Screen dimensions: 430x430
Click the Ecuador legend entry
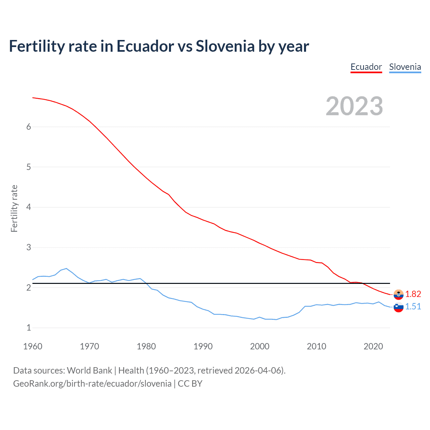(x=366, y=67)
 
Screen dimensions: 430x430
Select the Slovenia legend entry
(x=405, y=67)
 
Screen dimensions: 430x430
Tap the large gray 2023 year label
(x=354, y=106)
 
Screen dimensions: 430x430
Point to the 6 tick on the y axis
(x=29, y=127)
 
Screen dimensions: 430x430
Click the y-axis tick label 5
(x=29, y=167)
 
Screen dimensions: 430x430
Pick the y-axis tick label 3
(x=29, y=248)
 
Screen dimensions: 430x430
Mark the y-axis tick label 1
(x=29, y=328)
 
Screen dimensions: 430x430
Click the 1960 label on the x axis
(x=33, y=346)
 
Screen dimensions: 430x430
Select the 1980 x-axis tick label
(x=146, y=346)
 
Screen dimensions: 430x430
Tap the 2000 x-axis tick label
(x=260, y=346)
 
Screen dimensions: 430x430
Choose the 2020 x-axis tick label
(x=373, y=346)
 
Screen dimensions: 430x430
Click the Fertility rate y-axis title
(x=14, y=208)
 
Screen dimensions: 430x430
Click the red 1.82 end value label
(x=413, y=294)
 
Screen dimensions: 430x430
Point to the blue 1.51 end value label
(x=413, y=306)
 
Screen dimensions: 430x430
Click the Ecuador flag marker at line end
(x=398, y=294)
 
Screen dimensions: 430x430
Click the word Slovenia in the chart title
(x=225, y=46)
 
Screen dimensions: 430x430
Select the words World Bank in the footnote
(x=89, y=371)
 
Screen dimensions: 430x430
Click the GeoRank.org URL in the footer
(x=92, y=384)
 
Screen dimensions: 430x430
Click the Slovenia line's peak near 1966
(x=67, y=268)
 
